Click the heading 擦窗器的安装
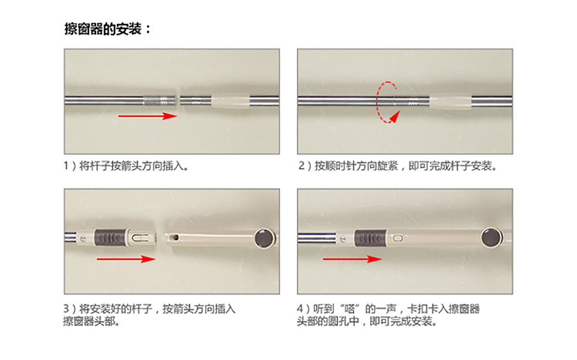103,28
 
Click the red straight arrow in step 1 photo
147,116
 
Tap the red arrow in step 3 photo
126,258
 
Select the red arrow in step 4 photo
352,259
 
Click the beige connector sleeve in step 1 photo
230,102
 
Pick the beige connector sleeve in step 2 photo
450,102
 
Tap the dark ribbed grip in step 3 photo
110,238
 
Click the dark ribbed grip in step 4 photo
370,238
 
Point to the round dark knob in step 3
264,238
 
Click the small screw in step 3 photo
83,239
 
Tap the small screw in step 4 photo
343,240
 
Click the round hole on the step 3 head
175,238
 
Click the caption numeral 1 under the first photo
66,165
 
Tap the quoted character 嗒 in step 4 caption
350,308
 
